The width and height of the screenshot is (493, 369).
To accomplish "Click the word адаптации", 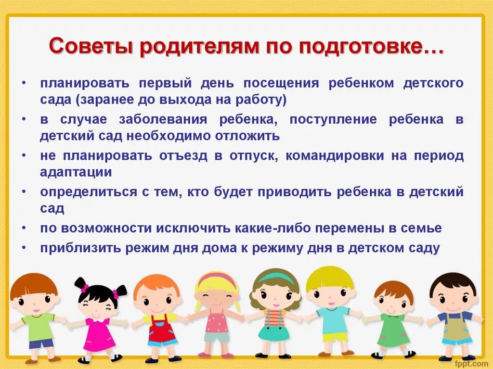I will (76, 172).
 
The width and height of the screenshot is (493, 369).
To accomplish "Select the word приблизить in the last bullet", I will (80, 248).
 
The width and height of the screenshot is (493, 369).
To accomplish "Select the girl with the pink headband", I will (217, 313).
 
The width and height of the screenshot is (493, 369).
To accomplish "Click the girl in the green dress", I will (394, 320).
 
